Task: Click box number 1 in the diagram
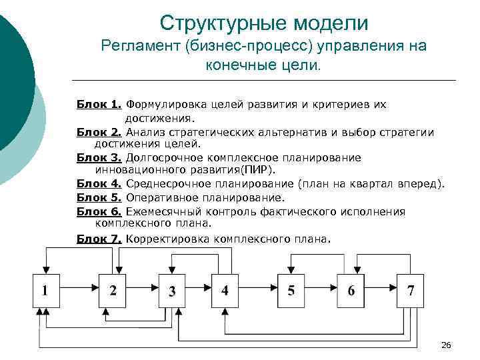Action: pyautogui.click(x=45, y=290)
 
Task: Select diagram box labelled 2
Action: pyautogui.click(x=112, y=290)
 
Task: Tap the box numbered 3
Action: pyautogui.click(x=172, y=290)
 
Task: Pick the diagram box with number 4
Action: pyautogui.click(x=225, y=290)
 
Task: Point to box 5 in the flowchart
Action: pyautogui.click(x=291, y=290)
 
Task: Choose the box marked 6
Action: pyautogui.click(x=351, y=290)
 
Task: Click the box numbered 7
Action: pyautogui.click(x=410, y=290)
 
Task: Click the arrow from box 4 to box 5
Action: pyautogui.click(x=258, y=290)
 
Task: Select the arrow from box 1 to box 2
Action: pyautogui.click(x=79, y=290)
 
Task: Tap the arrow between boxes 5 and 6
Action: pyautogui.click(x=321, y=290)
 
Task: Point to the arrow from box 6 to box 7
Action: pyautogui.click(x=381, y=290)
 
